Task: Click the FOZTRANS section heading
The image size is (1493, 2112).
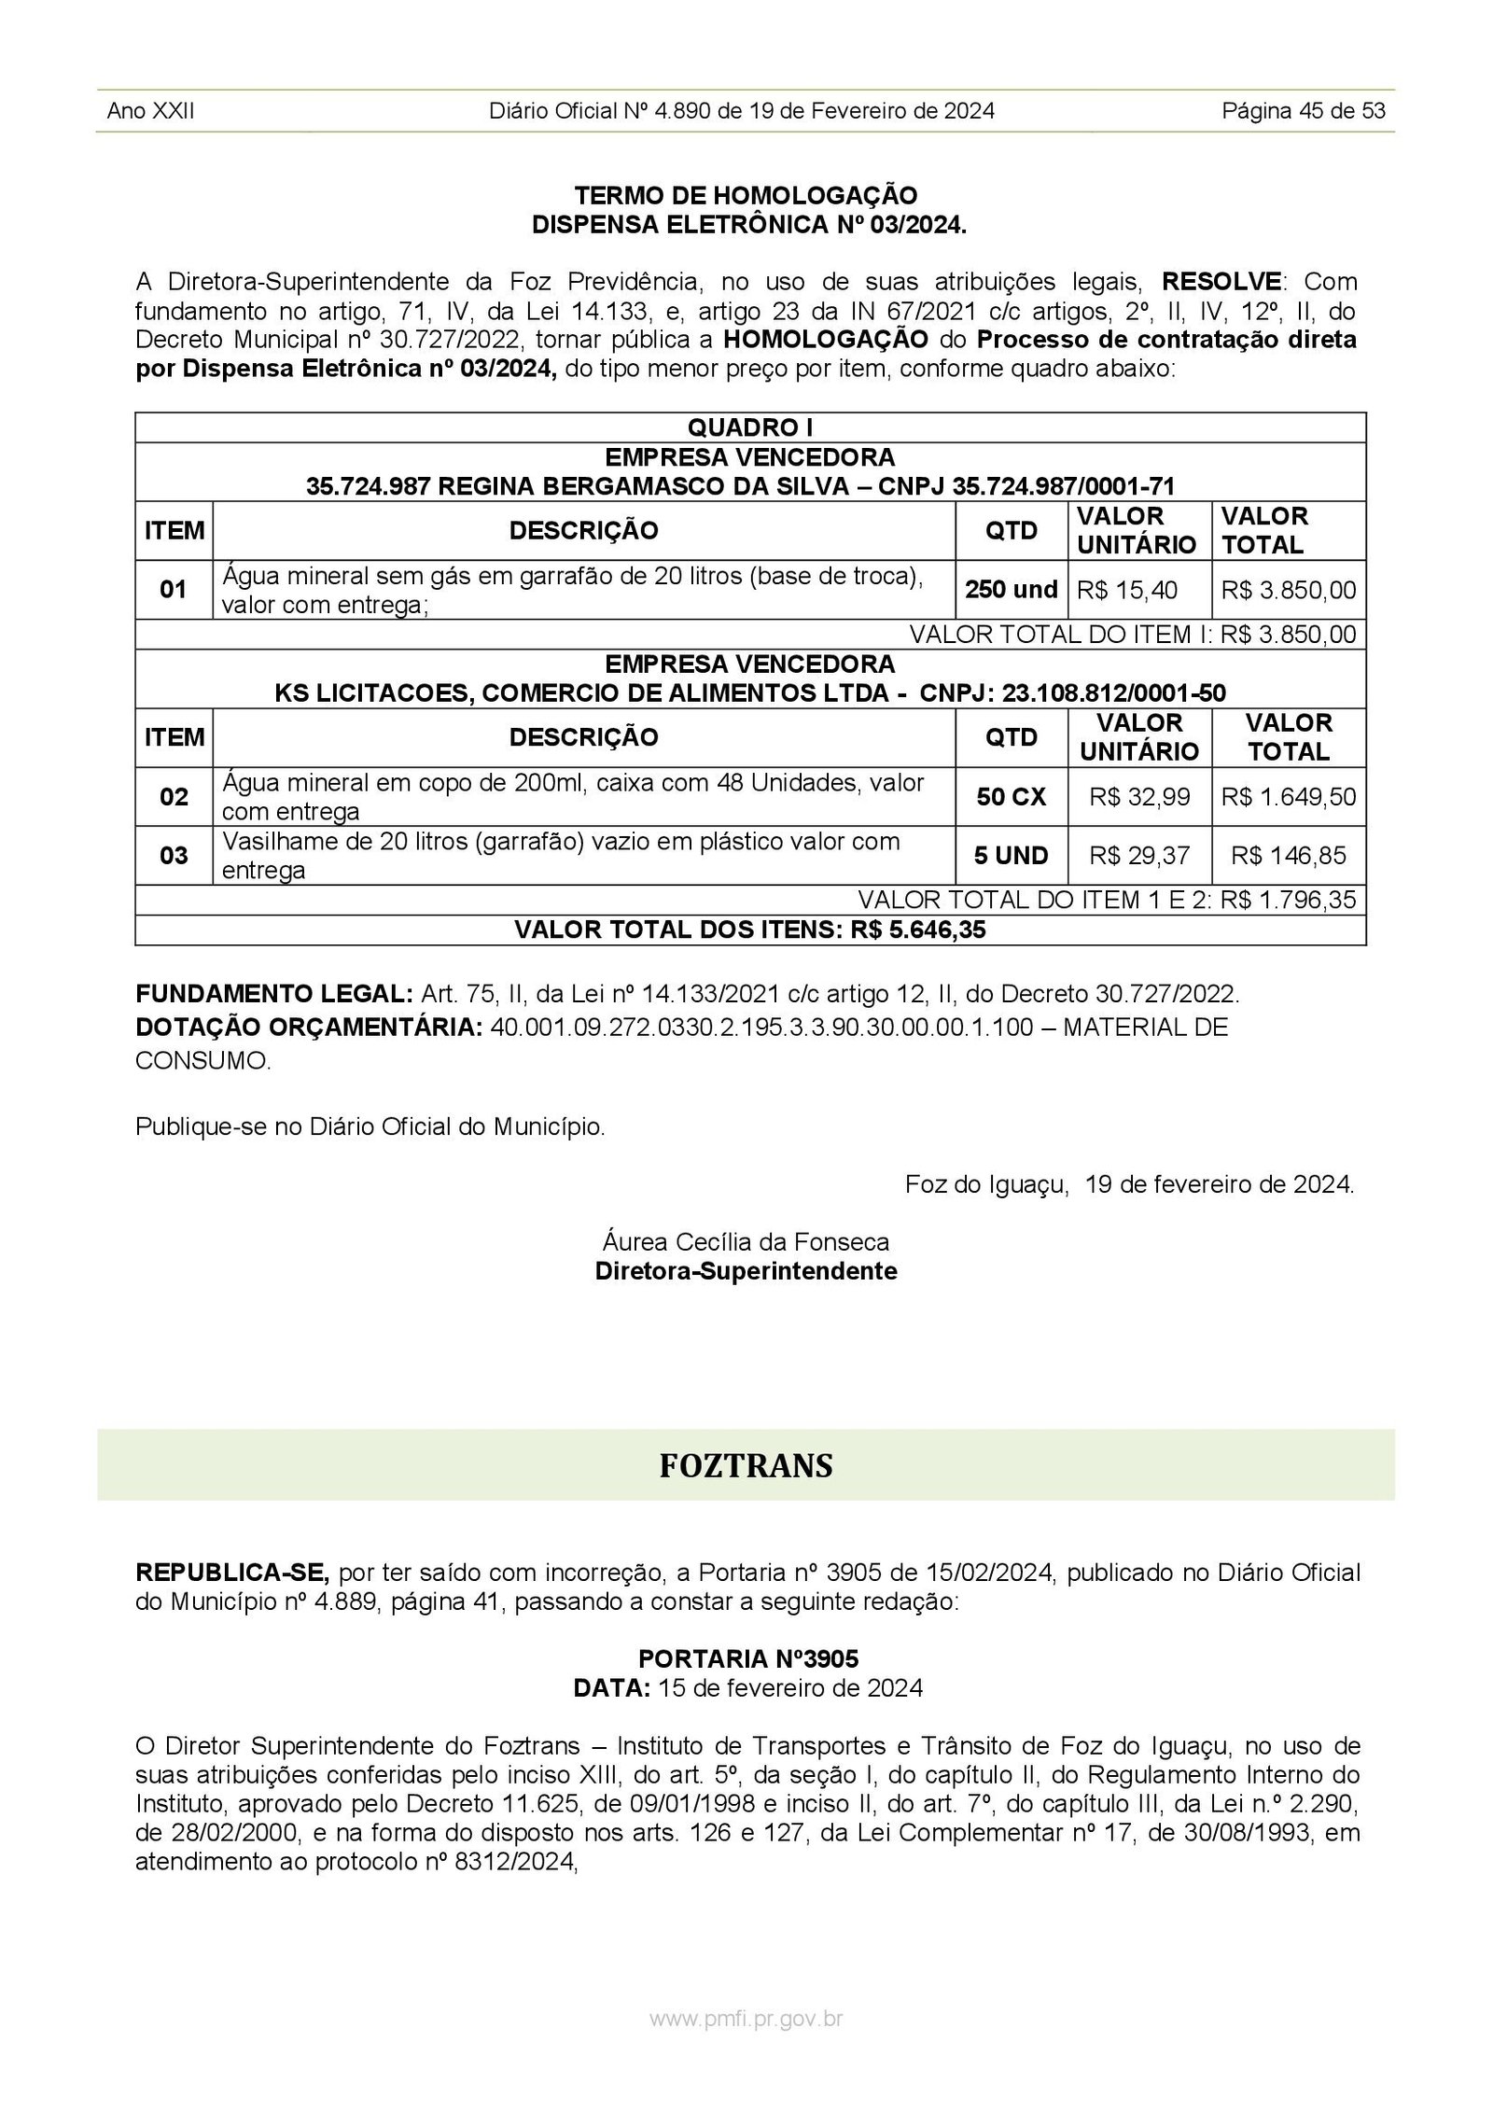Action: pos(746,1465)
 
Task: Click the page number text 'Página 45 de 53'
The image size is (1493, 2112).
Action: pos(1304,111)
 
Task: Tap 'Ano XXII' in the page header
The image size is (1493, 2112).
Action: pos(150,111)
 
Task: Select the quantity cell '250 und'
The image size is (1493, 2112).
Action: pos(1012,590)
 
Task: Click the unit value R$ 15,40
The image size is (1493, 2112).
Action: pos(1127,590)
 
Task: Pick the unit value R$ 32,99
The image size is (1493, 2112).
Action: pos(1139,797)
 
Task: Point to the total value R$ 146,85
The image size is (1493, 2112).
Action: pos(1289,856)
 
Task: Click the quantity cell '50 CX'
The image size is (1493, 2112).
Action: pos(1012,797)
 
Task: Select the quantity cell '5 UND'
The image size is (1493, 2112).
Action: pos(1012,856)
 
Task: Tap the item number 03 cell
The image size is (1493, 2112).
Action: pos(174,856)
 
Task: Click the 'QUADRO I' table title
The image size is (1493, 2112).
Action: pos(750,427)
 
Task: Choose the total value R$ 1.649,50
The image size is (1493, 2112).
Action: pos(1289,797)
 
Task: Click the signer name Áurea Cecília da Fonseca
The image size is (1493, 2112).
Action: pos(746,1242)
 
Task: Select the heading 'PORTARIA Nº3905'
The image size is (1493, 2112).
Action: pos(748,1658)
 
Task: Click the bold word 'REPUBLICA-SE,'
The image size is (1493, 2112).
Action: pos(232,1573)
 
